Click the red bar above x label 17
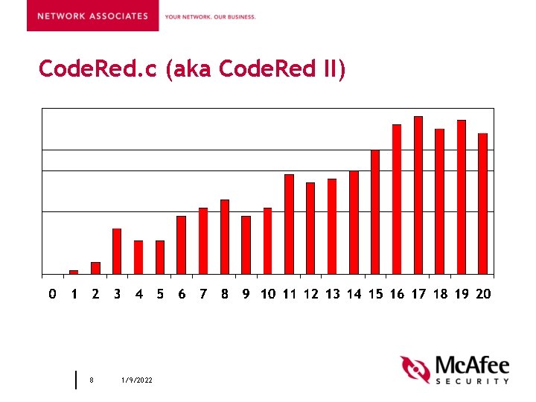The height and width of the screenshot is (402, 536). click(418, 195)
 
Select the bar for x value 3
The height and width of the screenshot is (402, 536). click(117, 251)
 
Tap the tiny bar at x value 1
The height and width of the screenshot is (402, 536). click(74, 272)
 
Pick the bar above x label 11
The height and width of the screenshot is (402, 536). click(289, 224)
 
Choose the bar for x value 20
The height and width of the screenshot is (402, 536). click(482, 203)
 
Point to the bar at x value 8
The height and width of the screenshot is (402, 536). click(224, 237)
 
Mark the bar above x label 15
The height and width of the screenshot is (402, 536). click(375, 212)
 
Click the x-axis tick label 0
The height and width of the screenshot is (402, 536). click(52, 294)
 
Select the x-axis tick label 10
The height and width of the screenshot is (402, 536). click(268, 294)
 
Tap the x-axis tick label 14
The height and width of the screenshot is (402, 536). click(354, 294)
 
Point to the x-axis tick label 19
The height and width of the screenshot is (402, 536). click(462, 294)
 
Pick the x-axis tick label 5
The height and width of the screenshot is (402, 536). click(160, 294)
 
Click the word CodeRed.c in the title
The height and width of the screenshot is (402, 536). click(99, 70)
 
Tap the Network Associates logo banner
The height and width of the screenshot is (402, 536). click(92, 16)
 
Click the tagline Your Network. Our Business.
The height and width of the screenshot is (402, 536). click(210, 16)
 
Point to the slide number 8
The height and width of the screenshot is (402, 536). click(92, 380)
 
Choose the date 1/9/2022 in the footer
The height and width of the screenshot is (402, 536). click(137, 380)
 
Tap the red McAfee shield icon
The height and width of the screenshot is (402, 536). click(415, 370)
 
